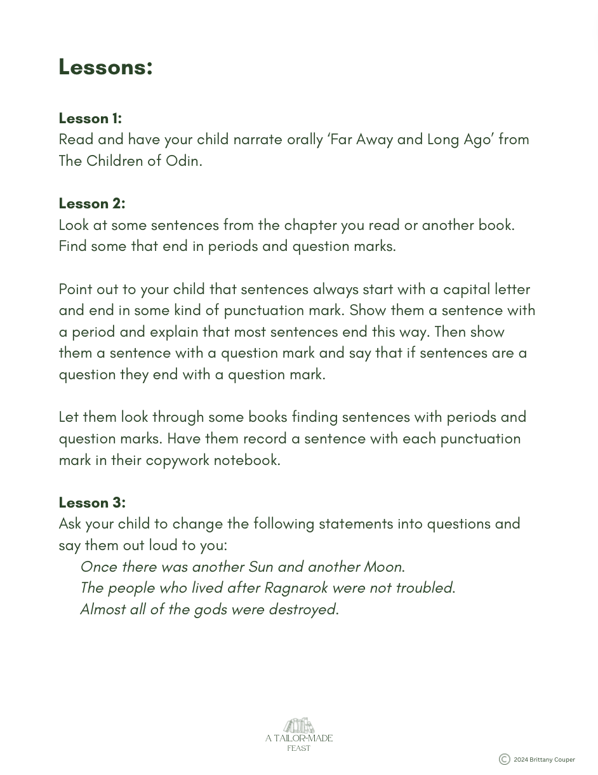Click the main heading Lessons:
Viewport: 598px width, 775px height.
point(105,67)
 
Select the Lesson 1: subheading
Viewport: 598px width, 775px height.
point(90,118)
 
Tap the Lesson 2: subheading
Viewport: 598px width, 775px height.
point(92,203)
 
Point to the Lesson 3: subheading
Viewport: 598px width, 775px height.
point(92,502)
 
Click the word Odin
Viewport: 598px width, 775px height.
point(183,161)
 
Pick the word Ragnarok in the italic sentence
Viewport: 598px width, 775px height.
point(296,588)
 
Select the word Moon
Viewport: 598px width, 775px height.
point(383,567)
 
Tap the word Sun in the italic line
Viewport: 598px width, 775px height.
point(260,567)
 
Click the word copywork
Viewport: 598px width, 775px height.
point(177,460)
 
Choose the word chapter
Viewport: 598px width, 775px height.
point(310,225)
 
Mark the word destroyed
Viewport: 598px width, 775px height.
point(302,609)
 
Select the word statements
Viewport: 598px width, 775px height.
point(355,524)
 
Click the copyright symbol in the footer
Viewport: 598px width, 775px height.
point(504,759)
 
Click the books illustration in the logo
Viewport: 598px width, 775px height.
point(299,725)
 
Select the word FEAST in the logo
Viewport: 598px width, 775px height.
point(299,748)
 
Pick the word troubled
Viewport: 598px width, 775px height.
point(423,588)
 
